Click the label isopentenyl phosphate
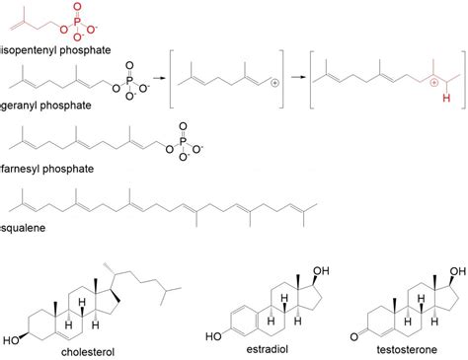(55, 46)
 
